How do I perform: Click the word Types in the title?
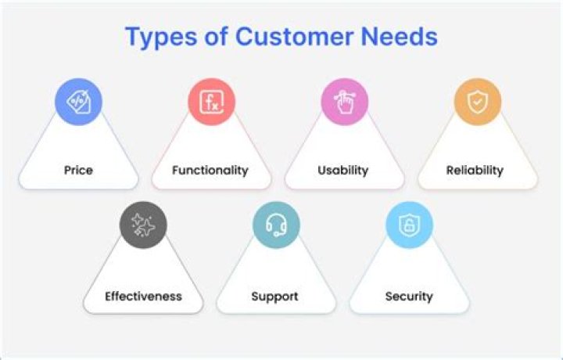pos(160,37)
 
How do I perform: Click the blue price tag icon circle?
pos(78,102)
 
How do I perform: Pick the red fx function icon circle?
pos(211,102)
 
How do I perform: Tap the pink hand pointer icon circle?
pos(345,102)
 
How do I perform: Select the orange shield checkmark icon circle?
pos(478,102)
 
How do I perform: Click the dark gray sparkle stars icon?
pos(143,226)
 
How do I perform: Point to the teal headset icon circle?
pos(276,226)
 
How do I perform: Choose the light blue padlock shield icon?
pos(409,226)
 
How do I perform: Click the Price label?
pos(78,170)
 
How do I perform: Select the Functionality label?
pos(210,170)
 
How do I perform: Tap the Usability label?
pos(344,170)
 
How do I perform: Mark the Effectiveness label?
pos(143,297)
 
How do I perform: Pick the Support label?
pos(274,297)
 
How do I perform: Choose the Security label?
pos(409,297)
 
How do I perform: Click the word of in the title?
pos(217,37)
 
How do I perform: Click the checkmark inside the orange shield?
pos(478,102)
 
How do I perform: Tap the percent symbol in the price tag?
pos(77,101)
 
